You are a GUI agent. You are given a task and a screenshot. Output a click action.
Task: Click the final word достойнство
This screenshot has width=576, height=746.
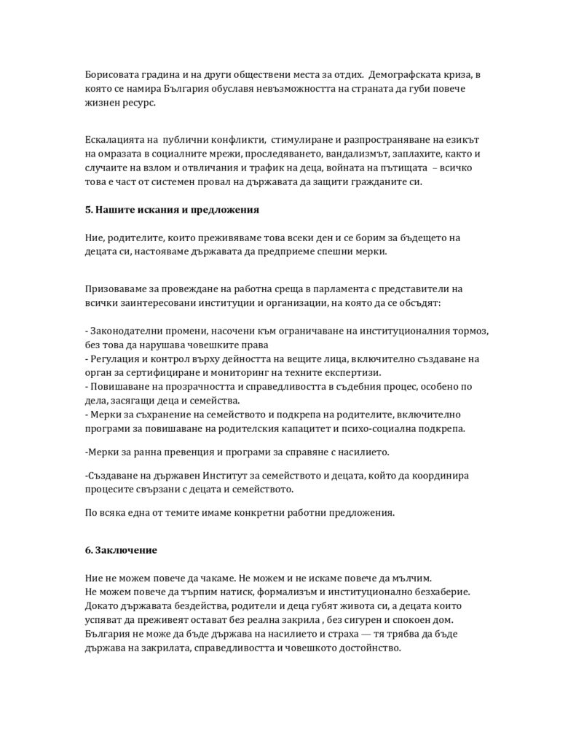364,648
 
